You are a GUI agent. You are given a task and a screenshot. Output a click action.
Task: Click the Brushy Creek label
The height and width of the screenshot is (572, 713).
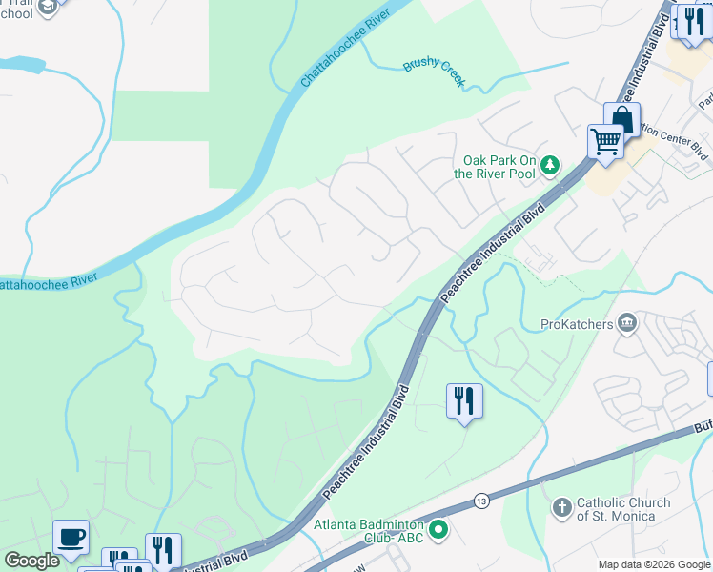point(434,71)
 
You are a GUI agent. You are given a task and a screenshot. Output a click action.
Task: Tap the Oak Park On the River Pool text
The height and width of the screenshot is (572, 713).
point(499,167)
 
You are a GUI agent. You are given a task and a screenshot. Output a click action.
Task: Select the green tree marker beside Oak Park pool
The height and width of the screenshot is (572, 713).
point(550,167)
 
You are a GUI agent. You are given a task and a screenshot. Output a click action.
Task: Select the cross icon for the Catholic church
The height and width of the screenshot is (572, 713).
point(561,508)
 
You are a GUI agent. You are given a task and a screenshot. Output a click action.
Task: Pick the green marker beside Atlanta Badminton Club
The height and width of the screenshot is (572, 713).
point(438,528)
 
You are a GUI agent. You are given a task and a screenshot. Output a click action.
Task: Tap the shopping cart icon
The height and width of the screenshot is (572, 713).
point(605,142)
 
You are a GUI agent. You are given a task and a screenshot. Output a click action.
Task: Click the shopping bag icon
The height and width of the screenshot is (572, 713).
point(621,120)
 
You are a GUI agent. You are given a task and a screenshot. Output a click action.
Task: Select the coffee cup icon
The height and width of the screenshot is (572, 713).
point(71,537)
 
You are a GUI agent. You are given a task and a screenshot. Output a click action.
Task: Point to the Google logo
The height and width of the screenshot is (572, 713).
point(31,561)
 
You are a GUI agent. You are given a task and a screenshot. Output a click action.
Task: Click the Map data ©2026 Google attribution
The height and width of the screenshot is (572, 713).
point(653,563)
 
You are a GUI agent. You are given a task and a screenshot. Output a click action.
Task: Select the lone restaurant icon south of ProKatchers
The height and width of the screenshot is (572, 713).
point(464,400)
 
